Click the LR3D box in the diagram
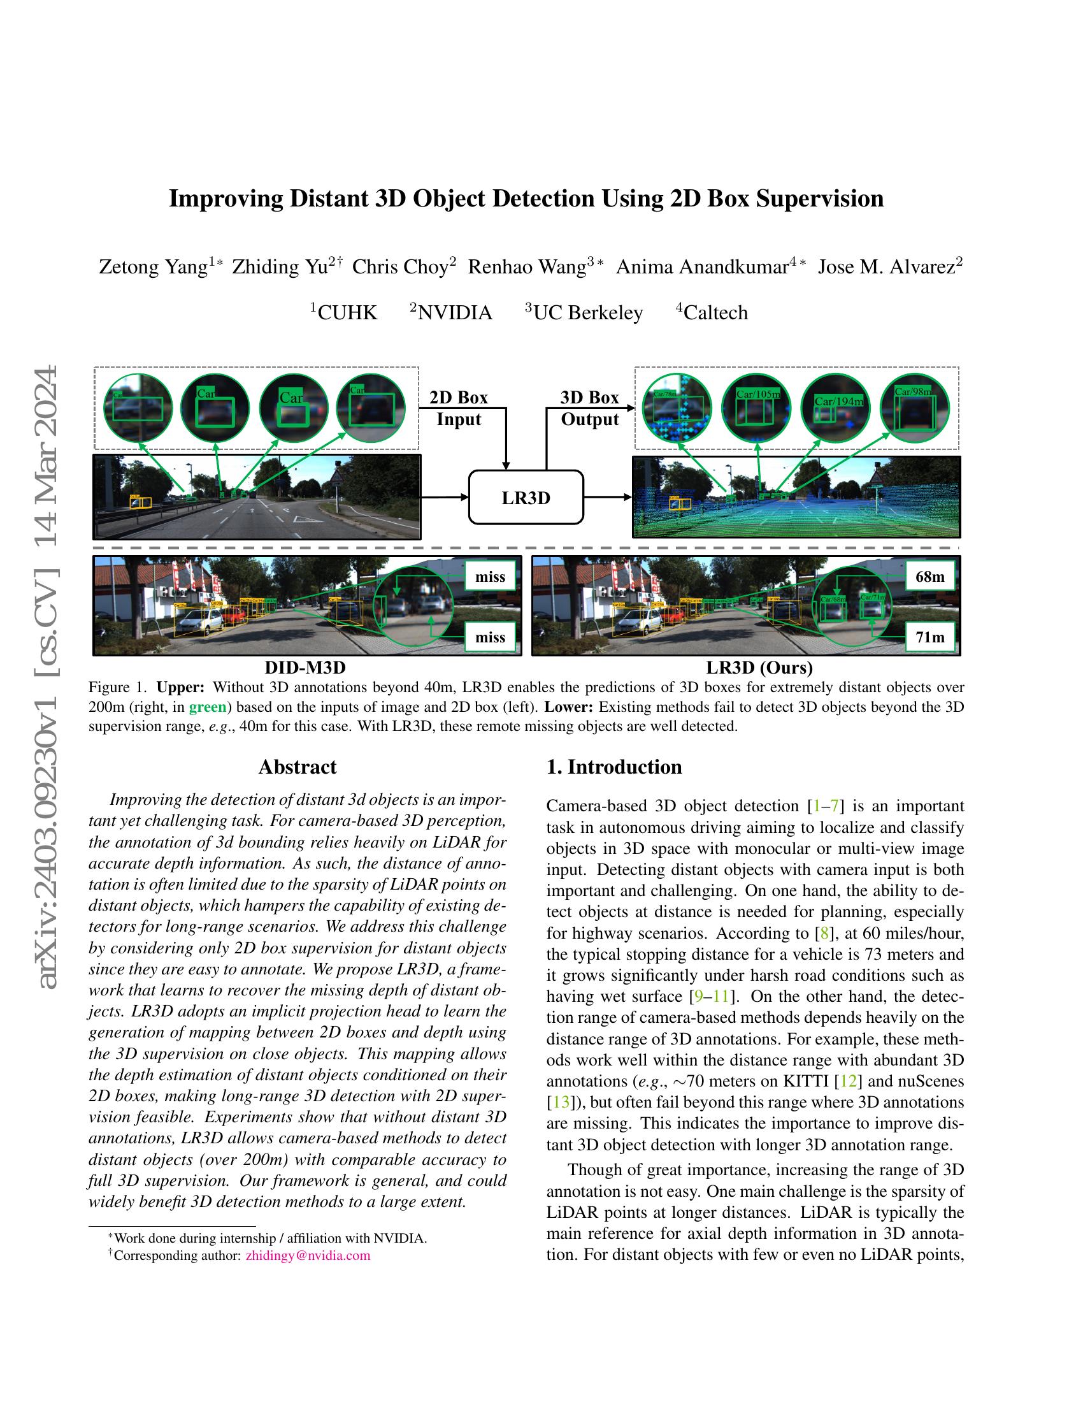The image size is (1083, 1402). tap(526, 498)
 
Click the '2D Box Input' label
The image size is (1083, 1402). tap(459, 408)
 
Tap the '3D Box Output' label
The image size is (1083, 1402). tap(590, 408)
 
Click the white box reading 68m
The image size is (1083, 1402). tap(929, 577)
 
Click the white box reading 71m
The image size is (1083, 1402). tap(929, 637)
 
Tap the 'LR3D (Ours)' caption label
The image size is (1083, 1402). tap(759, 668)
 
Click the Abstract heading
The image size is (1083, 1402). tap(297, 767)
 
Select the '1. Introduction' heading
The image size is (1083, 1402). tap(614, 767)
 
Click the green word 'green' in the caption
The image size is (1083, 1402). tap(207, 707)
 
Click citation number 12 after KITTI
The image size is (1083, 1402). tap(848, 1081)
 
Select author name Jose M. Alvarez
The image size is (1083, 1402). tap(886, 267)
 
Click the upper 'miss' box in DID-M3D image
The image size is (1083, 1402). tap(490, 577)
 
